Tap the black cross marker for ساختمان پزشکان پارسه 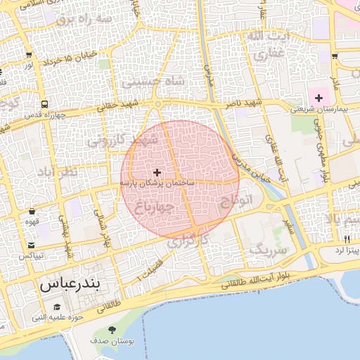tap(157, 172)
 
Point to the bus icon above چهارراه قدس tap(46, 104)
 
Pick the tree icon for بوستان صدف tap(112, 330)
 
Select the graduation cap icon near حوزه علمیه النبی tap(57, 307)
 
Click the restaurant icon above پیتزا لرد tap(347, 239)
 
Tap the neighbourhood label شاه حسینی tap(153, 82)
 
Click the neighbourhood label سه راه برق tap(84, 19)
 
